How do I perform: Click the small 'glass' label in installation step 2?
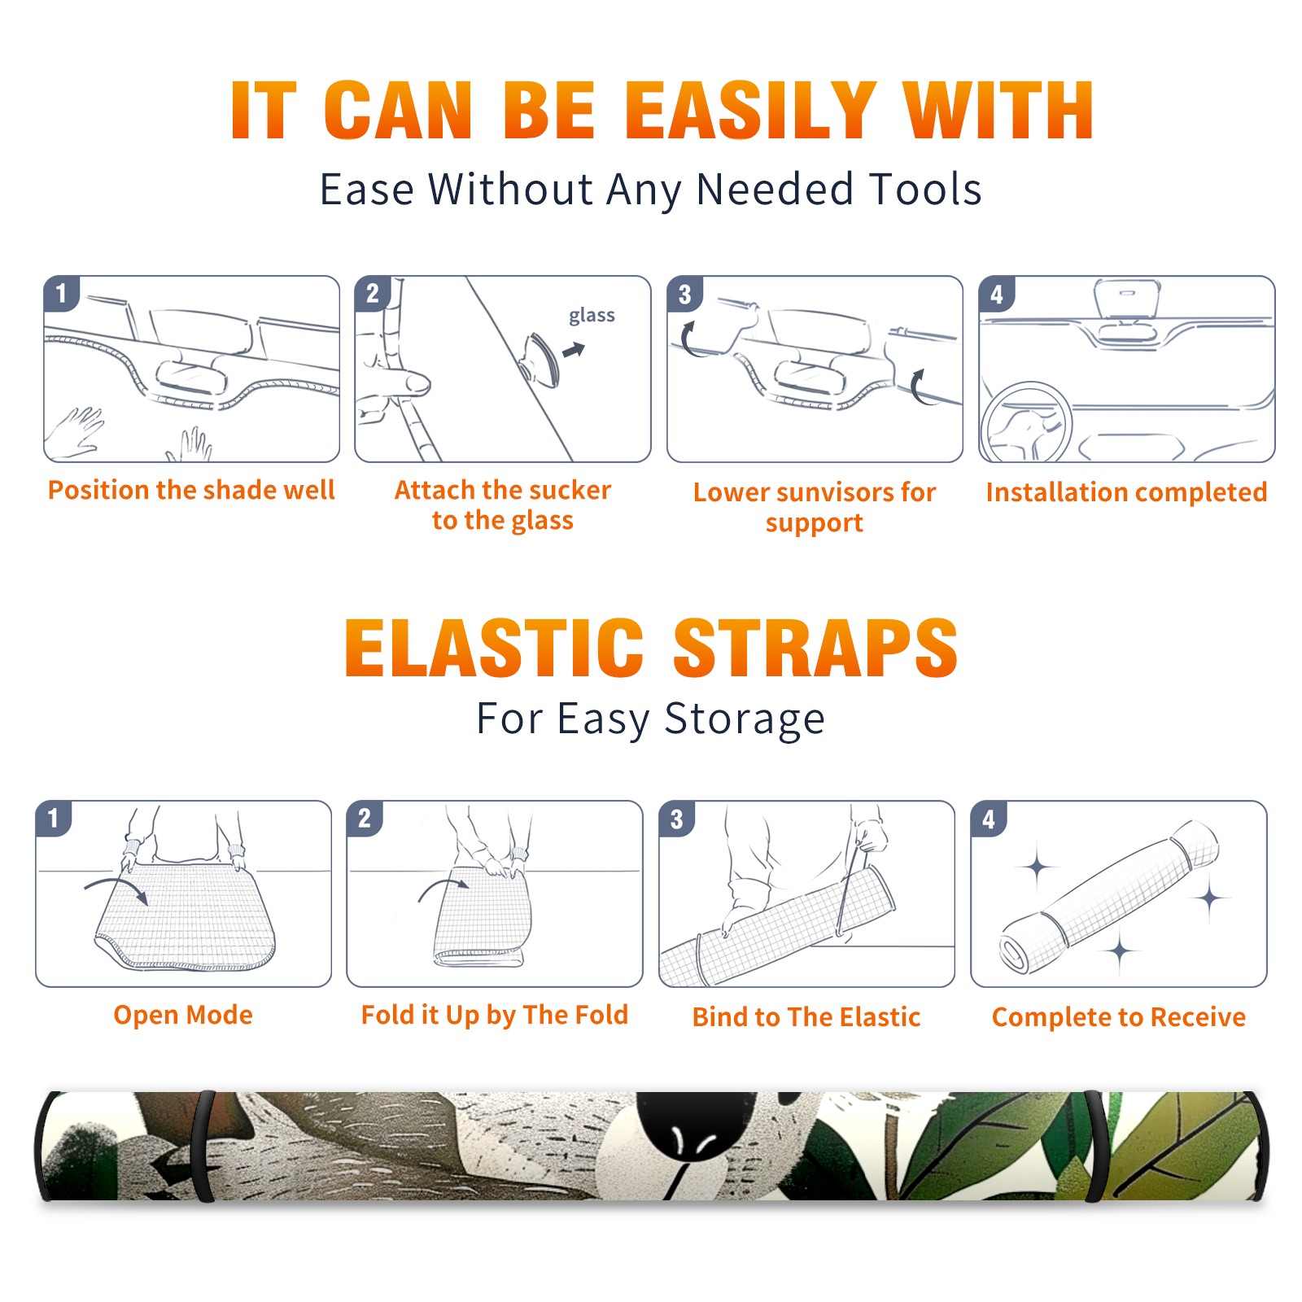click(x=592, y=316)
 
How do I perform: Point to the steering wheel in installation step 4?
click(x=1026, y=422)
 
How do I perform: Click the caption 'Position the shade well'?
click(x=191, y=490)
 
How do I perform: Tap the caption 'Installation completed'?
click(x=1126, y=492)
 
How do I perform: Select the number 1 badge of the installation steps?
click(x=61, y=293)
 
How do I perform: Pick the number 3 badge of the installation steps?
click(x=684, y=294)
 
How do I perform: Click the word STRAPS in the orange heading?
click(x=815, y=648)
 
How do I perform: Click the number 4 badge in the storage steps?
click(x=989, y=819)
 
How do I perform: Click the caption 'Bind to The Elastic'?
click(x=806, y=1017)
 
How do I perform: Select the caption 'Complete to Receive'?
click(x=1119, y=1017)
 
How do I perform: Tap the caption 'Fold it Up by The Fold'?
click(x=495, y=1016)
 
